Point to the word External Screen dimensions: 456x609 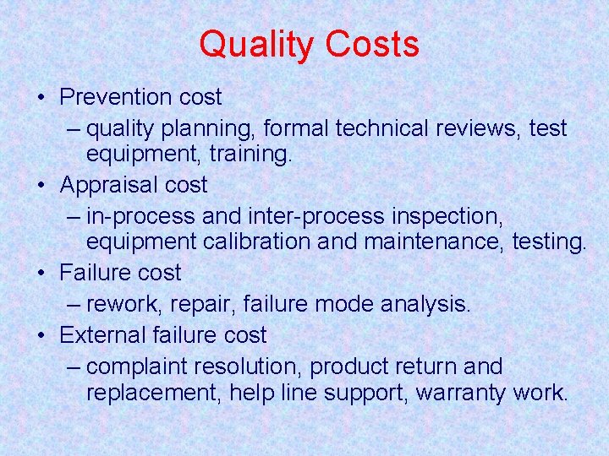103,335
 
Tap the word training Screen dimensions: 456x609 250,155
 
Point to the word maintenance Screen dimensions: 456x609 433,242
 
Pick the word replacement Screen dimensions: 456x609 154,393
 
